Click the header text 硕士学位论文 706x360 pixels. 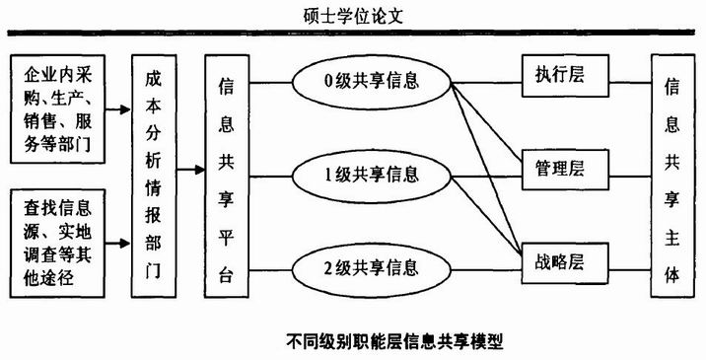coord(353,16)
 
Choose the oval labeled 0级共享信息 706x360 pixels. coord(372,80)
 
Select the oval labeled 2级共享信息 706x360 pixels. coord(372,266)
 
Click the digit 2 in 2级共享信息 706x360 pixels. coord(327,267)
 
